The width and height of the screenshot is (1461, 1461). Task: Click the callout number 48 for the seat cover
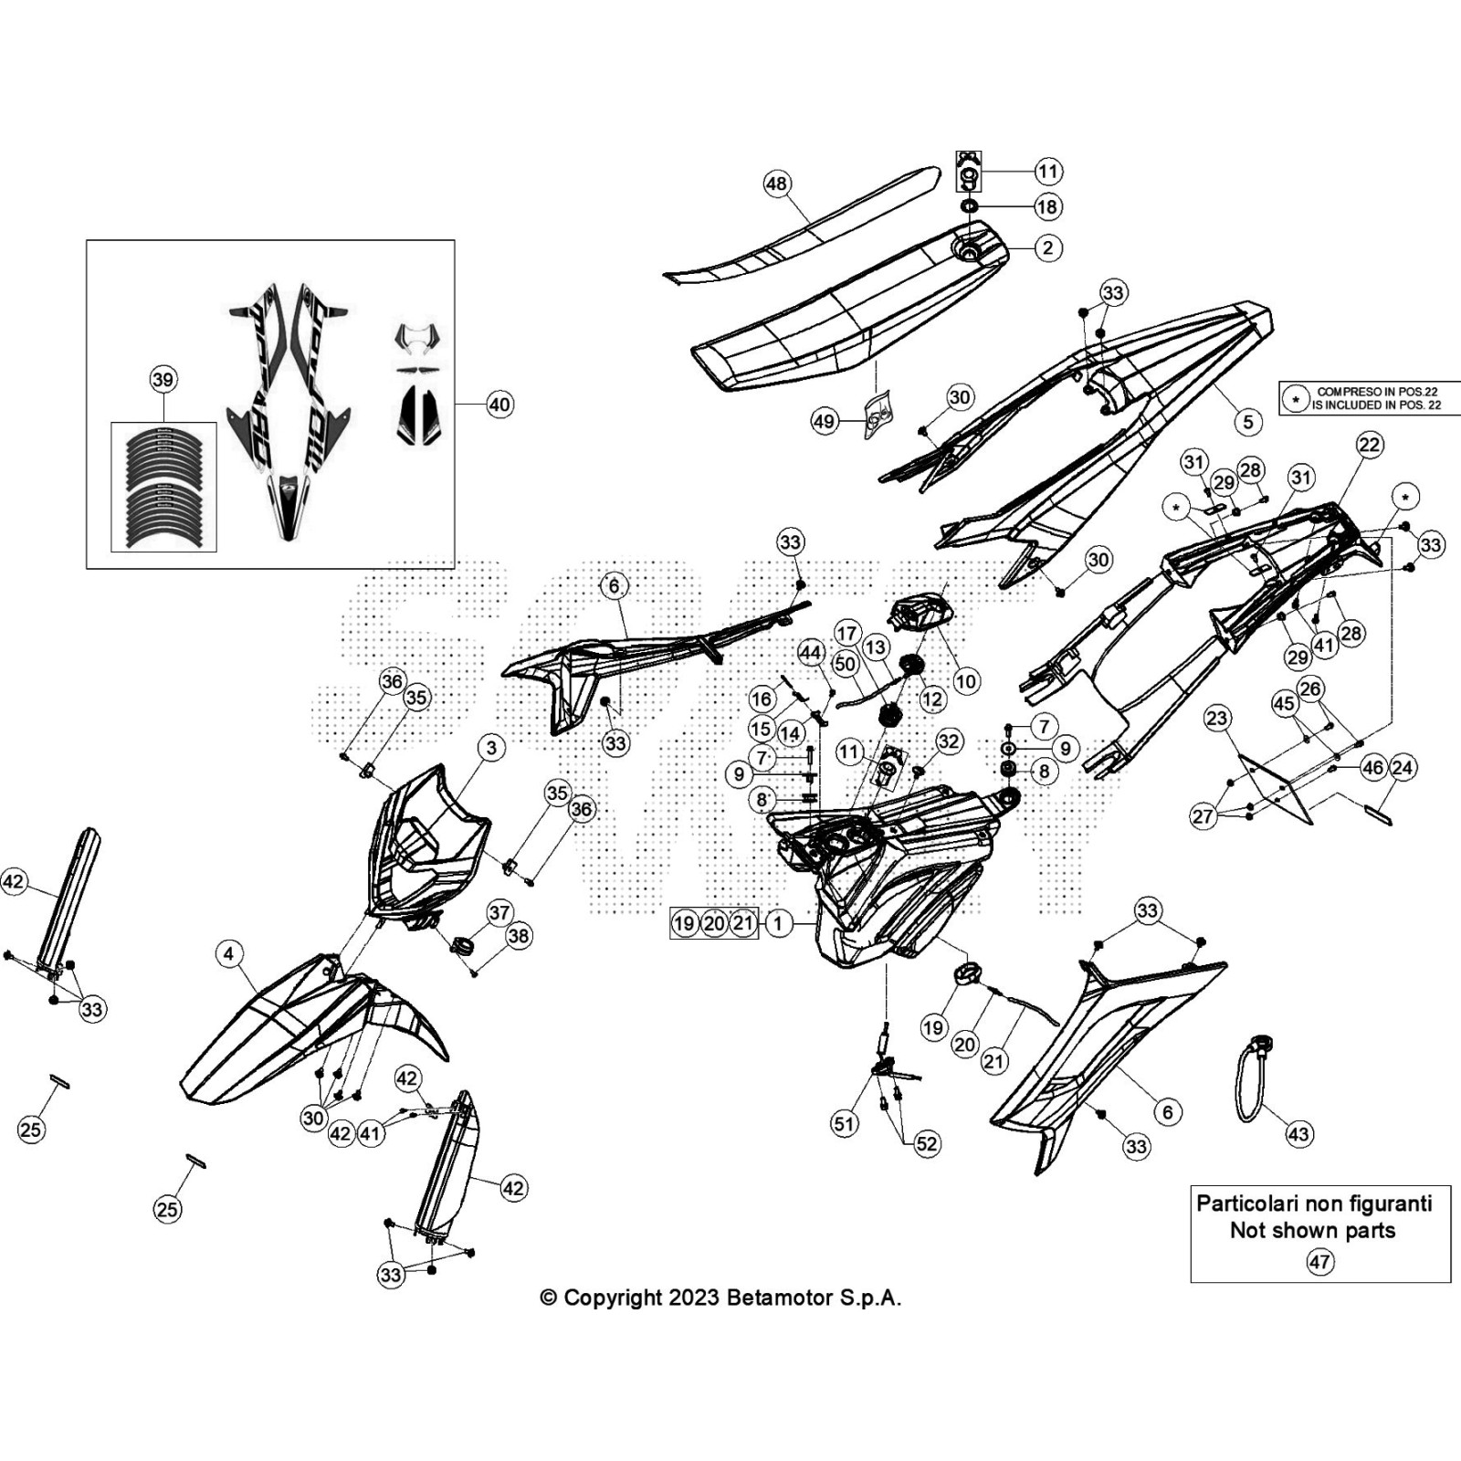[775, 184]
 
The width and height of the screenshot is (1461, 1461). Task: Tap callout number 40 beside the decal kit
[499, 405]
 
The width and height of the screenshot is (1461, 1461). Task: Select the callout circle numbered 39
[163, 379]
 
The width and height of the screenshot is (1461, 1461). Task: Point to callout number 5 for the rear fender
[1247, 422]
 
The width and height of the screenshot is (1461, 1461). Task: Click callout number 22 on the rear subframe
[1370, 445]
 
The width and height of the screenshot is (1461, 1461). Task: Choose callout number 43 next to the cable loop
[1298, 1134]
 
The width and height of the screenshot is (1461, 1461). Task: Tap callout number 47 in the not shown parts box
[1319, 1262]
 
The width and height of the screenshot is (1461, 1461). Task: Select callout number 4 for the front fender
[229, 954]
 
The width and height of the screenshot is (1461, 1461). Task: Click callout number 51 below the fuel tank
[845, 1123]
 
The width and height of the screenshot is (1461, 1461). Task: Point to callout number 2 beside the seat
[1047, 247]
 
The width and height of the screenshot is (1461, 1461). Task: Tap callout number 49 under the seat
[824, 421]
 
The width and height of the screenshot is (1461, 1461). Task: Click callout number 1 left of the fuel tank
[778, 923]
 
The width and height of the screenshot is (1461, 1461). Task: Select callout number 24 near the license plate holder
[1403, 768]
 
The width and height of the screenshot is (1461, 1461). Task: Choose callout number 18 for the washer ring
[1047, 207]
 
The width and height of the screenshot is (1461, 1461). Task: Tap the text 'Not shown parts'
[1312, 1230]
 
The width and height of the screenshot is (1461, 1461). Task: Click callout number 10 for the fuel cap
[965, 680]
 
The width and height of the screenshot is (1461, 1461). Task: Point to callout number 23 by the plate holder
[1217, 718]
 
